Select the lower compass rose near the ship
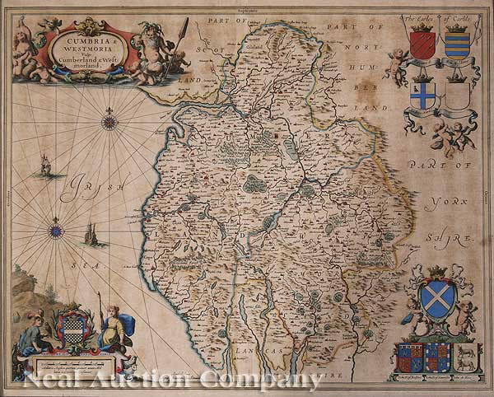point(56,231)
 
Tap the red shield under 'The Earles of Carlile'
point(422,44)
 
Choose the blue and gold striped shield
point(457,44)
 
